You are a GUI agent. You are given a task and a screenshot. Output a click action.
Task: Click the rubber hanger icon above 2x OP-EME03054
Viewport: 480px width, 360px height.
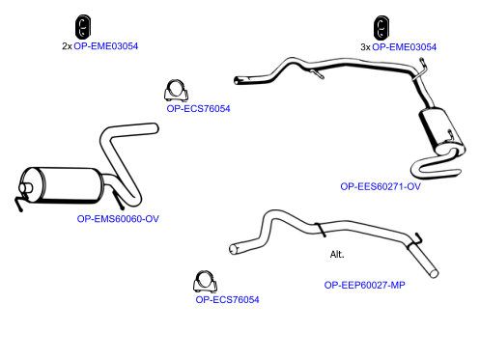click(83, 26)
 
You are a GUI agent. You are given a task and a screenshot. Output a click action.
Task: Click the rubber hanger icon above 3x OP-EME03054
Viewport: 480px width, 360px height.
click(381, 28)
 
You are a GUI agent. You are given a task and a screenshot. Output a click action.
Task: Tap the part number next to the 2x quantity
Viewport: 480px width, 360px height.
click(106, 46)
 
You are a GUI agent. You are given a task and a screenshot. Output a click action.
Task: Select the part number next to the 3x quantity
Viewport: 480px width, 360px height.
click(404, 47)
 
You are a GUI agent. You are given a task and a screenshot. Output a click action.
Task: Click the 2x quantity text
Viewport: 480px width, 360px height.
click(67, 46)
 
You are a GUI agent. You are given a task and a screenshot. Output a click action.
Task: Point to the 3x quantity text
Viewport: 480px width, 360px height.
click(365, 47)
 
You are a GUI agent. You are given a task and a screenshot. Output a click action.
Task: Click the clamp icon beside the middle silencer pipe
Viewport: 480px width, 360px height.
click(176, 90)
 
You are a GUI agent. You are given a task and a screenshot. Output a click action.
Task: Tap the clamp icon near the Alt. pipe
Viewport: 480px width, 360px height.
click(205, 281)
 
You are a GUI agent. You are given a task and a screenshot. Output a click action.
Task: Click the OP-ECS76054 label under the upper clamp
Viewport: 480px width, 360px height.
click(198, 109)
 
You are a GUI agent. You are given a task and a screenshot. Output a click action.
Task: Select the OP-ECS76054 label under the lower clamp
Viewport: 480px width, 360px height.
click(227, 300)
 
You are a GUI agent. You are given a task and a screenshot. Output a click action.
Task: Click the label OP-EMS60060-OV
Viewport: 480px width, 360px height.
click(118, 219)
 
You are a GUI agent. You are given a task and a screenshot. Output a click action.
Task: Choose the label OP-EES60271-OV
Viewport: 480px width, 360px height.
click(381, 186)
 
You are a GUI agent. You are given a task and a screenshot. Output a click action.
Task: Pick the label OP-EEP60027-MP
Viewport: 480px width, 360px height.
click(364, 285)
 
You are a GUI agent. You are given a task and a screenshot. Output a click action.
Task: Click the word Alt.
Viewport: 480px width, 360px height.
click(337, 255)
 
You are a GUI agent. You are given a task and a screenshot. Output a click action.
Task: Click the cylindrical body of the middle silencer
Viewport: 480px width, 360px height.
click(61, 185)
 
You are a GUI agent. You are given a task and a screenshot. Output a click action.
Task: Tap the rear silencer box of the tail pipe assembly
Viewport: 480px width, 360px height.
click(441, 132)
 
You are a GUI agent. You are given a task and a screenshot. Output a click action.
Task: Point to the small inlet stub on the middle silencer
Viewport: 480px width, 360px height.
click(25, 188)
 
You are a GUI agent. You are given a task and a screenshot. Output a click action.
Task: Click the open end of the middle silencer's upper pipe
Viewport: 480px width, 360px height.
click(155, 128)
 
